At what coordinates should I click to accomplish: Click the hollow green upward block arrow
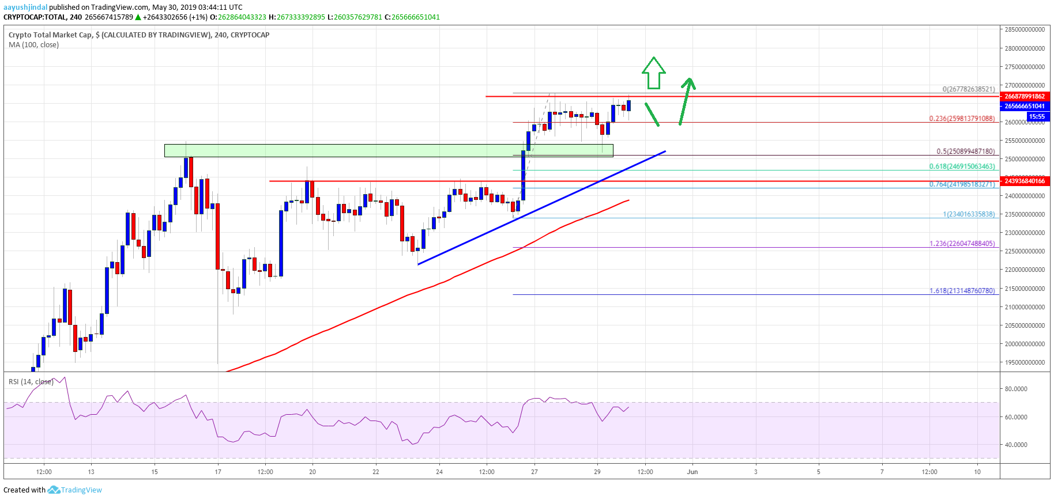click(x=653, y=73)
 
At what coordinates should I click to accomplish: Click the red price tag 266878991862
click(x=1025, y=96)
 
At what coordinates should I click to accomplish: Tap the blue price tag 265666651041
click(x=1025, y=106)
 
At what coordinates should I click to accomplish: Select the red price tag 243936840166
click(x=1025, y=181)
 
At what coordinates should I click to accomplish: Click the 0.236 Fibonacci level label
click(x=961, y=119)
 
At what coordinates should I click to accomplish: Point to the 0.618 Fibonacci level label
click(x=961, y=166)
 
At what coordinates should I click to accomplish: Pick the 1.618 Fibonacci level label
click(x=961, y=291)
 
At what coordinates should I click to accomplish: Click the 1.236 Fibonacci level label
click(x=961, y=244)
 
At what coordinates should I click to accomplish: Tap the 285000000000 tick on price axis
click(x=1025, y=29)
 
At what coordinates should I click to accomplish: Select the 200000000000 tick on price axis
click(x=1025, y=344)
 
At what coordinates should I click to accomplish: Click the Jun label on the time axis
click(x=692, y=472)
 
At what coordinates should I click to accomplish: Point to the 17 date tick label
click(x=217, y=472)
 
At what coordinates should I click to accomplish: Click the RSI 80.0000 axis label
click(x=1016, y=389)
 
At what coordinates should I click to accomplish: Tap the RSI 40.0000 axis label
click(x=1016, y=445)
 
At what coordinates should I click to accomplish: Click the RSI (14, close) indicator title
click(x=31, y=382)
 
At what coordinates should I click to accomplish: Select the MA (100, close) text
click(x=33, y=45)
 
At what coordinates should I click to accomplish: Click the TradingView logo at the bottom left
click(x=75, y=490)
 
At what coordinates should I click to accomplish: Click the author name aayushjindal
click(x=25, y=7)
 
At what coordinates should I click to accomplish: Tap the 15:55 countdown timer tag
click(x=1036, y=116)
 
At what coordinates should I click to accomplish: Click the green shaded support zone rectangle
click(x=388, y=150)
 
